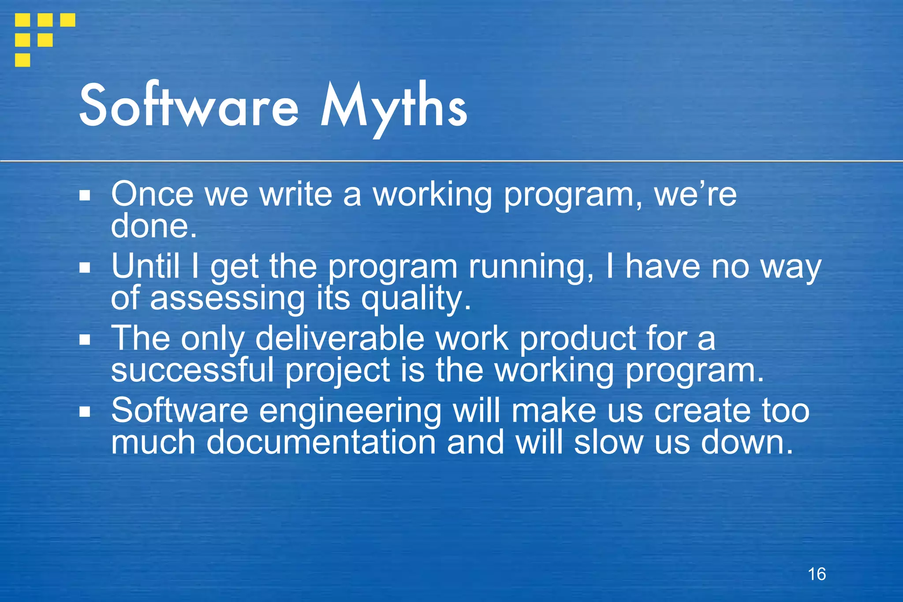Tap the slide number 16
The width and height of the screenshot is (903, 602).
coord(817,574)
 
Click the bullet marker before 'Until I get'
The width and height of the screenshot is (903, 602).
coord(85,267)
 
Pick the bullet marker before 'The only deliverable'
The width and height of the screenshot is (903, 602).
coord(85,340)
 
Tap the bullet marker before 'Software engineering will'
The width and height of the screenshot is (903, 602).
coord(85,412)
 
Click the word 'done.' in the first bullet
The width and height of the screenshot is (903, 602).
coord(153,226)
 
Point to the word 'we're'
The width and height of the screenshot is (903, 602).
coord(695,194)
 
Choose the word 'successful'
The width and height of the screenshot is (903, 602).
coord(192,370)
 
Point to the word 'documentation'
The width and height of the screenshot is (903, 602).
coord(321,442)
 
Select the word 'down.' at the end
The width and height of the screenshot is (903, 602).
coord(747,442)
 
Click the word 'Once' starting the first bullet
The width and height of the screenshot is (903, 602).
coord(152,194)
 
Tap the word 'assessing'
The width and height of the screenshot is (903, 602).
coord(228,299)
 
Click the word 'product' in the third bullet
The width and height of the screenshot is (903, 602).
coord(578,340)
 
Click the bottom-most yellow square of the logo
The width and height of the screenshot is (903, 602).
coord(22,60)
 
